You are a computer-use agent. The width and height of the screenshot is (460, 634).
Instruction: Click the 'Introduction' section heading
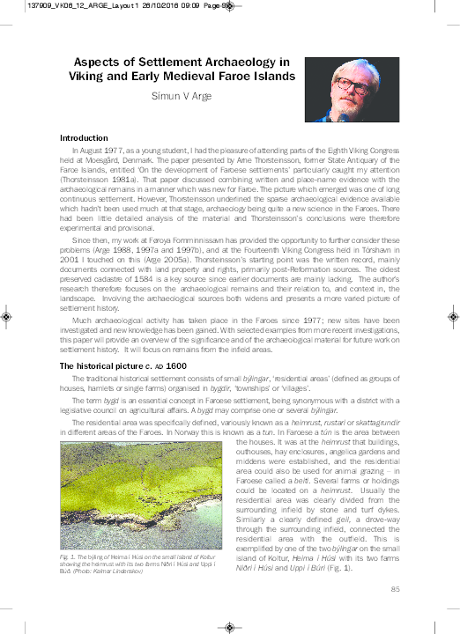84,138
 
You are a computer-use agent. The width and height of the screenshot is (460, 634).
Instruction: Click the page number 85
396,589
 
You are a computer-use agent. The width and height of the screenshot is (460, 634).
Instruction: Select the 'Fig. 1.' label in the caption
68,557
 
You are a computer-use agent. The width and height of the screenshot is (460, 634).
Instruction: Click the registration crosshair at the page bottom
229,626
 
